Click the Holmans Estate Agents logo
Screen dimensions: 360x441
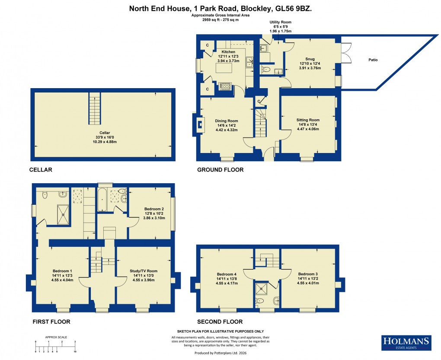point(406,342)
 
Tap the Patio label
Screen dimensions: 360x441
point(373,60)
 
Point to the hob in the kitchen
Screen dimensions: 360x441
point(225,86)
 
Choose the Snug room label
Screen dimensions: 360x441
point(310,59)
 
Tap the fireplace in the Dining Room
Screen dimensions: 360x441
point(199,124)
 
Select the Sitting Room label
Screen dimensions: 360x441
point(308,120)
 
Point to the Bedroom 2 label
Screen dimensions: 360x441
point(154,209)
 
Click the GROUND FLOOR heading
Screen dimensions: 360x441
point(220,170)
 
